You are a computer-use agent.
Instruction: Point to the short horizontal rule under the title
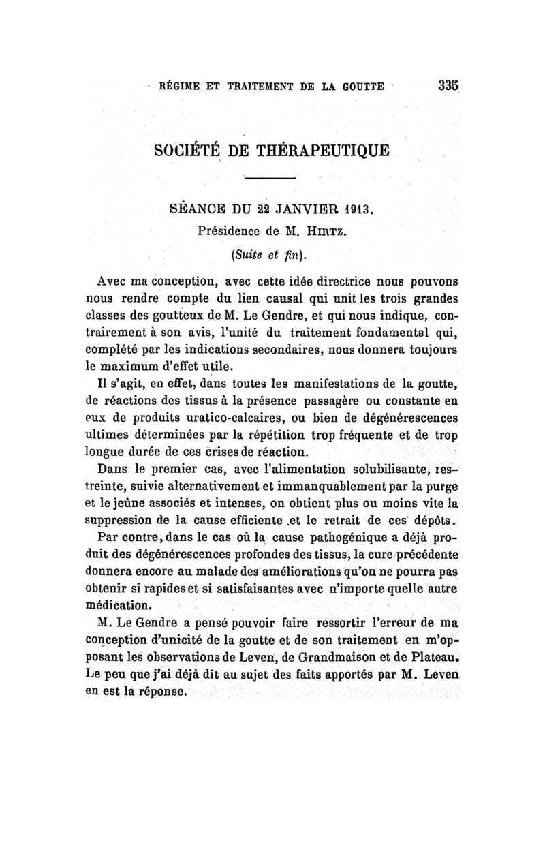point(270,179)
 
